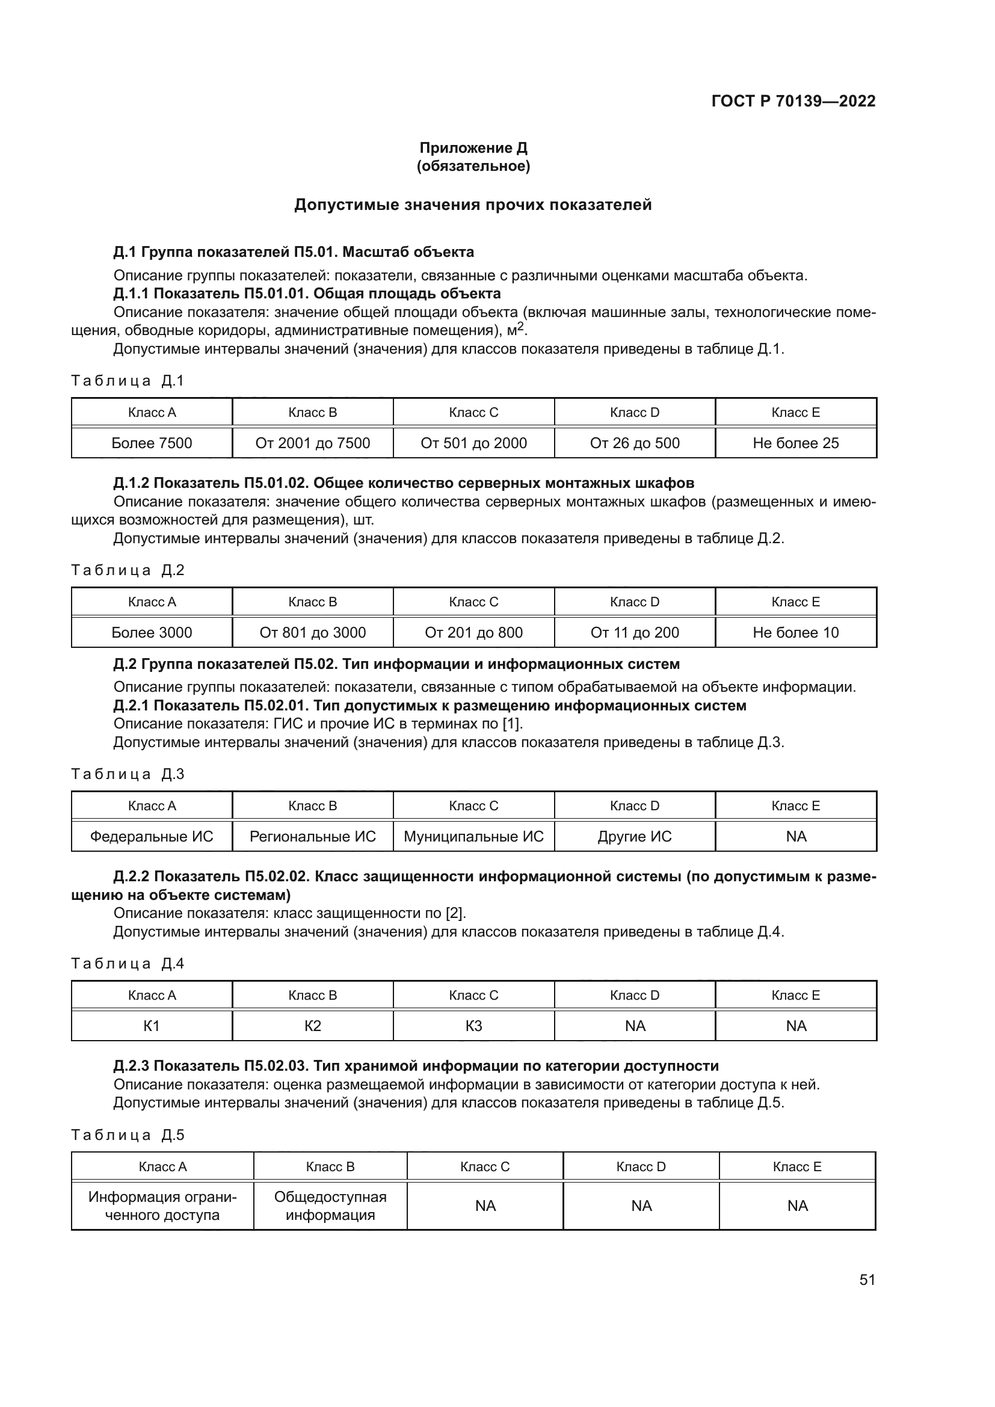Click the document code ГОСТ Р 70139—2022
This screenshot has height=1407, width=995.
coord(793,101)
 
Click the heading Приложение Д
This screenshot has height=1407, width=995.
coord(473,148)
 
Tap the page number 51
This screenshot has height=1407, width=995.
coord(867,1279)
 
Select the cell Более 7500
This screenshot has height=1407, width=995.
coord(152,443)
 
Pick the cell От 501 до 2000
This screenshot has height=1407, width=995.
coord(473,443)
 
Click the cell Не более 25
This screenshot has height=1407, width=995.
coord(795,443)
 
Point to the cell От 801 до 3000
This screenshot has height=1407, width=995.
coord(312,632)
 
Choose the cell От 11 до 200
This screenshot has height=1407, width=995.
coord(635,632)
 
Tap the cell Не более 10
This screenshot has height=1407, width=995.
coord(795,632)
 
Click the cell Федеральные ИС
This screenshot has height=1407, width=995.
coord(152,837)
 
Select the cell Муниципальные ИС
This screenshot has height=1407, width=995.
coord(473,837)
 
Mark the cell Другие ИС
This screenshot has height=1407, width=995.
coord(635,837)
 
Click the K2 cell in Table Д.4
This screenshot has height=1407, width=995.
coord(312,1026)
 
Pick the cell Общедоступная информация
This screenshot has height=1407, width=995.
coord(330,1206)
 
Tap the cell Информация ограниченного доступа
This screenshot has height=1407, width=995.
coord(162,1206)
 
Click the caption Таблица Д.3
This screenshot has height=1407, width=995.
coord(128,774)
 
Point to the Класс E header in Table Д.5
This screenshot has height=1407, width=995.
coord(797,1167)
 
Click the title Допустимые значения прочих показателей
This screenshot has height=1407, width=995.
coord(473,205)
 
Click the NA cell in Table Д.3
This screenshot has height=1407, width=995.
coord(795,837)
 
